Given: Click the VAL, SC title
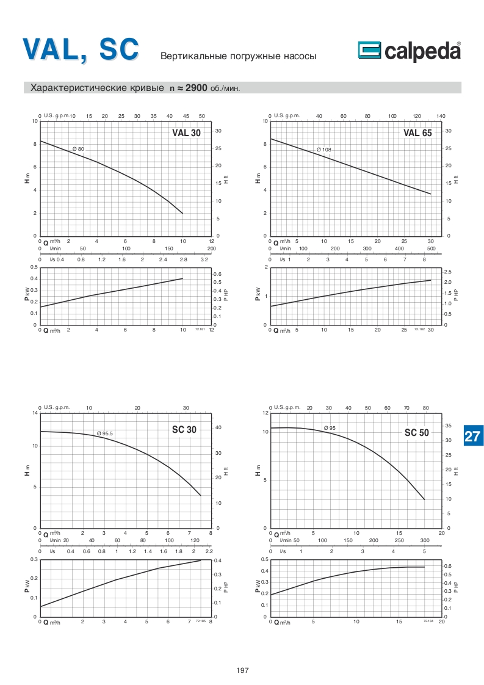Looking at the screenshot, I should click(x=81, y=49).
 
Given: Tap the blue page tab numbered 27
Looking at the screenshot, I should click(x=472, y=437).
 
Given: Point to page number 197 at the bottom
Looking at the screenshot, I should click(x=242, y=670).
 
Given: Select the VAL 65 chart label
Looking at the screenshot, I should click(x=417, y=133).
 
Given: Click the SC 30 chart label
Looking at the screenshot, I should click(x=184, y=430).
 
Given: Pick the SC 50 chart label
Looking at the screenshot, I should click(x=417, y=433).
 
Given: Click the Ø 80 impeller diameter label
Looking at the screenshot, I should click(x=78, y=150).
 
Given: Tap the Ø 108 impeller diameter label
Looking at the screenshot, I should click(x=323, y=150).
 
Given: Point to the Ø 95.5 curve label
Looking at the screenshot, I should click(x=105, y=433).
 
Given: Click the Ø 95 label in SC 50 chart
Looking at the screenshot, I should click(x=330, y=428).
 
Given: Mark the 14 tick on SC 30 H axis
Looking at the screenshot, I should click(x=35, y=413).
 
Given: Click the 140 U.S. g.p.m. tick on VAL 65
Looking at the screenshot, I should click(x=441, y=115).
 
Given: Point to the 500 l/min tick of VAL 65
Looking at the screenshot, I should click(x=431, y=249).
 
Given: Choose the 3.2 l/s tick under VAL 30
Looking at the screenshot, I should click(x=204, y=259).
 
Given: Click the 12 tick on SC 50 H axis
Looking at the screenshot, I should click(x=265, y=413).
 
